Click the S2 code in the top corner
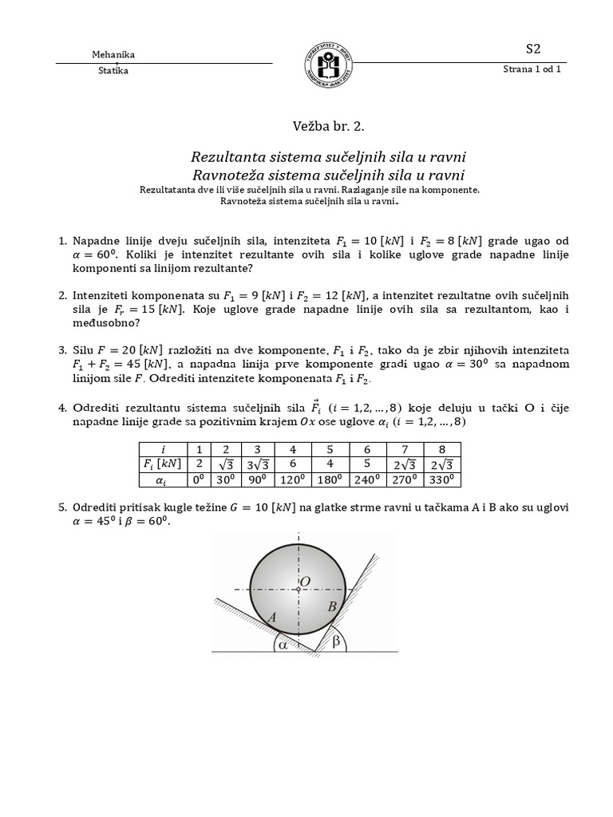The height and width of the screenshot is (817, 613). (x=536, y=49)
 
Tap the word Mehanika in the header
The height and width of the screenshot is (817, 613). (x=114, y=54)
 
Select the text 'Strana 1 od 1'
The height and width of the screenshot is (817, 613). (x=533, y=69)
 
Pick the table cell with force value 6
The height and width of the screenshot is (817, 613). (x=293, y=464)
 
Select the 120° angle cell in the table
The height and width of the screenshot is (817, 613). (x=293, y=480)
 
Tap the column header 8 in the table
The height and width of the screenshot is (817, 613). (x=442, y=449)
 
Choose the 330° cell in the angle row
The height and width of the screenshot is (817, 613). (x=442, y=480)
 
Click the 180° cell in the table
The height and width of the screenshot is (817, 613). (x=329, y=480)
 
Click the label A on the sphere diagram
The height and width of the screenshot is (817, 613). (x=271, y=617)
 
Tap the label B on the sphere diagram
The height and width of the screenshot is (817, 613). (x=333, y=606)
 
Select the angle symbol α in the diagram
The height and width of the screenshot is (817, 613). (x=283, y=646)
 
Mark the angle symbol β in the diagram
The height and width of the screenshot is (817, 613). (x=336, y=641)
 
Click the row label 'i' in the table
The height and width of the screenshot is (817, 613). (x=163, y=449)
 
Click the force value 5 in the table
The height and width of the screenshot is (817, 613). (x=366, y=464)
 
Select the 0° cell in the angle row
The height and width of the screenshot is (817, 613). (x=199, y=480)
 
